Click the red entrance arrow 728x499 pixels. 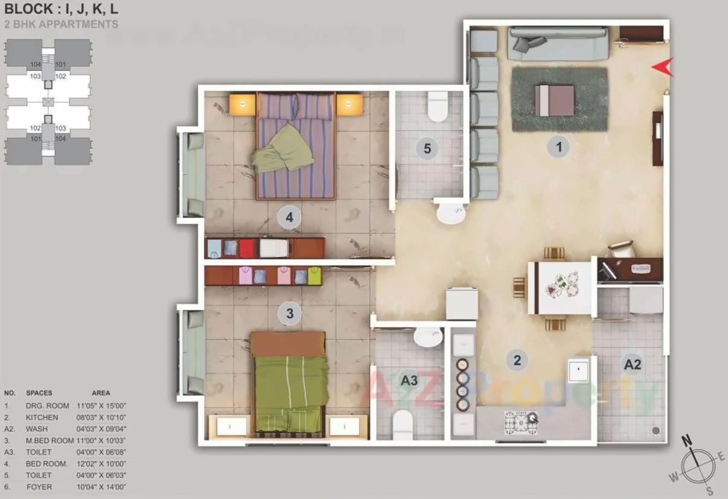pyautogui.click(x=663, y=68)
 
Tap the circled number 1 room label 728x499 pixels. pyautogui.click(x=559, y=146)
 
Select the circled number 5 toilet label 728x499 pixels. pyautogui.click(x=427, y=149)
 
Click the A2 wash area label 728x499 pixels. pyautogui.click(x=633, y=364)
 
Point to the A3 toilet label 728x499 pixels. pyautogui.click(x=409, y=380)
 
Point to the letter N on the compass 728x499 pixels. pyautogui.click(x=687, y=440)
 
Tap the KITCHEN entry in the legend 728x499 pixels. pyautogui.click(x=42, y=417)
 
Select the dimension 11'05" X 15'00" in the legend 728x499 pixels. pyautogui.click(x=101, y=406)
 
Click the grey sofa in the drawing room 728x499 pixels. pyautogui.click(x=557, y=43)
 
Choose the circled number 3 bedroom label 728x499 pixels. pyautogui.click(x=290, y=314)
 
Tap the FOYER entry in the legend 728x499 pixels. pyautogui.click(x=39, y=487)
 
